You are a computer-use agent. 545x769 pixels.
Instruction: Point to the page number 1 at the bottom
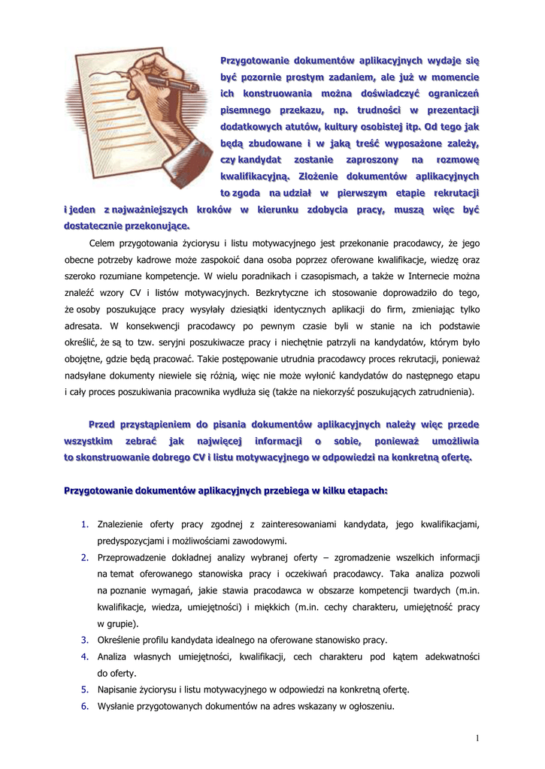pyautogui.click(x=477, y=739)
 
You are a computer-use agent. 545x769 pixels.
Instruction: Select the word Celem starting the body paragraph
pyautogui.click(x=104, y=243)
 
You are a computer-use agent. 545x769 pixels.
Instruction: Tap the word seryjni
pyautogui.click(x=188, y=342)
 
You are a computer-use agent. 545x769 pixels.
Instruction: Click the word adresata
pyautogui.click(x=83, y=325)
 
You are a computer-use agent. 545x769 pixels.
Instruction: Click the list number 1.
pyautogui.click(x=85, y=524)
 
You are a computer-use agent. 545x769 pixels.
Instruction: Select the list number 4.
pyautogui.click(x=85, y=656)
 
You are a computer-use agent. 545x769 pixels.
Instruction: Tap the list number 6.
pyautogui.click(x=85, y=706)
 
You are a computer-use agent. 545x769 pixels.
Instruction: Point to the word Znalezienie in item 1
pyautogui.click(x=121, y=524)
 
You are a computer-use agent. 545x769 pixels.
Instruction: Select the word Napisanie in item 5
pyautogui.click(x=118, y=689)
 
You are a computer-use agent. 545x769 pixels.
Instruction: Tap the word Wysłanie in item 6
pyautogui.click(x=116, y=706)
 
